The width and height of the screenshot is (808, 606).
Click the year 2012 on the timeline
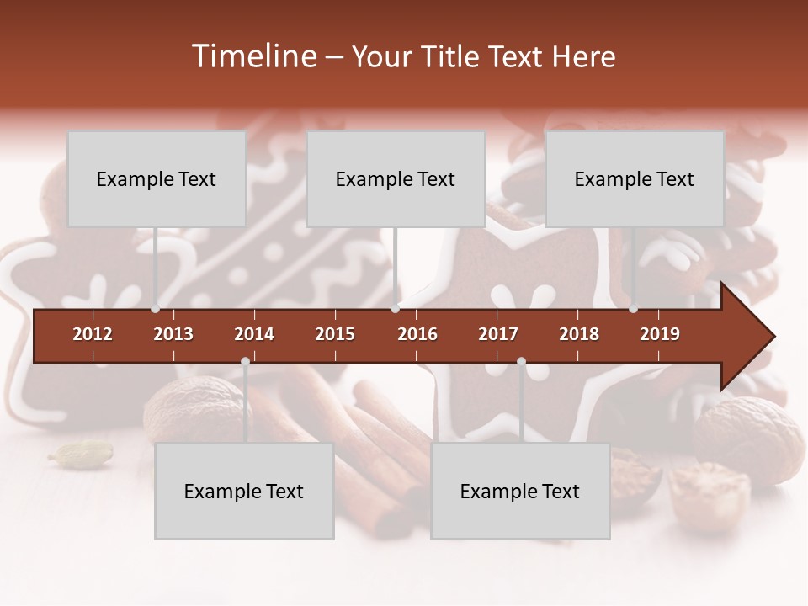[x=93, y=334]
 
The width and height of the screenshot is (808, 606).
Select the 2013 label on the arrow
[x=173, y=334]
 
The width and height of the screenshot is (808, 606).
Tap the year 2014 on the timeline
[x=254, y=334]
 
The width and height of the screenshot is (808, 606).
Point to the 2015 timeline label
[x=335, y=334]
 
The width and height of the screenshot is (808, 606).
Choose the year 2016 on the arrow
[x=417, y=334]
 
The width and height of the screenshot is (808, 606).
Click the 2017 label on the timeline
[x=498, y=334]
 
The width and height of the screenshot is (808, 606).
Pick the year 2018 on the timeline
[x=579, y=334]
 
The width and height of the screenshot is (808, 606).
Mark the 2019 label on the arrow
[x=660, y=334]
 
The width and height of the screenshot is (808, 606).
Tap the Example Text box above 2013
[x=157, y=178]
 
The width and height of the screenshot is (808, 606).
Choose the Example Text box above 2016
[x=396, y=178]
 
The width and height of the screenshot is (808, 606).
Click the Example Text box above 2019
[x=635, y=178]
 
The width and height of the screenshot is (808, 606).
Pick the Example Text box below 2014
[x=244, y=491]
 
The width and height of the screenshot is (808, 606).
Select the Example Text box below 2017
[x=520, y=491]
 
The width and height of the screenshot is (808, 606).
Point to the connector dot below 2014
[x=245, y=362]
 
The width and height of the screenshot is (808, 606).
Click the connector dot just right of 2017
[x=521, y=362]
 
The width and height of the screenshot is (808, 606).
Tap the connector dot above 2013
[x=155, y=309]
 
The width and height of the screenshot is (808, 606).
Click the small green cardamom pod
[x=81, y=454]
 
